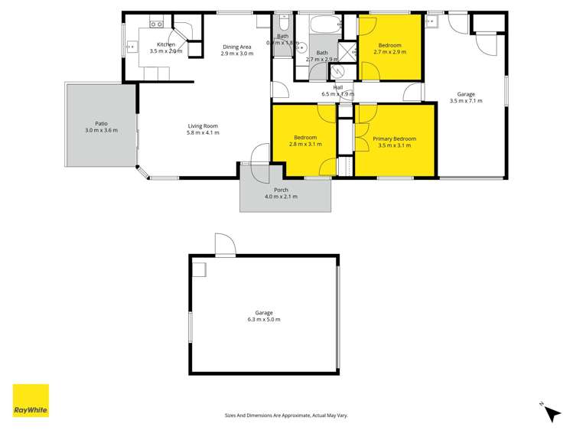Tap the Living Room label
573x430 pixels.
coord(203,126)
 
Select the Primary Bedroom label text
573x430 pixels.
coord(395,138)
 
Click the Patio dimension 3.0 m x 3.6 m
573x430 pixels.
coord(101,131)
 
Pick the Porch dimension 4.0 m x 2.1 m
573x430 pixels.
coord(281,197)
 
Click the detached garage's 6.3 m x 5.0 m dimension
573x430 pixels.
coord(263,319)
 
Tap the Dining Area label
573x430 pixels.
coord(236,46)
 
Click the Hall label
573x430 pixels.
coord(337,87)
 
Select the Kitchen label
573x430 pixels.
coord(166,45)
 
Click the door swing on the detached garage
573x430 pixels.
coord(225,245)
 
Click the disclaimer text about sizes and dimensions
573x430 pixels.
coord(286,415)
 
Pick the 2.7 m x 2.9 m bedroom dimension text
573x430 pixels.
coord(390,53)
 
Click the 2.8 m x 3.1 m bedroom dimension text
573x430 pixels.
coord(304,145)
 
